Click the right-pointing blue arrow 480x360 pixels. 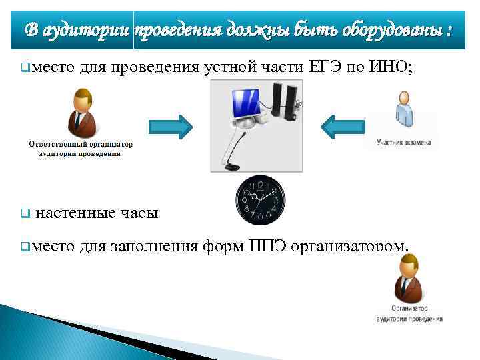click(x=169, y=127)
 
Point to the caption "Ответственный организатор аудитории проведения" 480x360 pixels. click(x=80, y=148)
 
